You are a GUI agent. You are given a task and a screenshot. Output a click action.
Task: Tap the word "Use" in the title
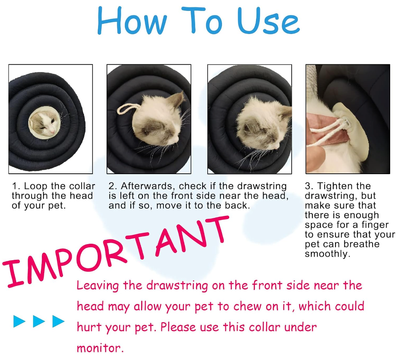tap(268, 21)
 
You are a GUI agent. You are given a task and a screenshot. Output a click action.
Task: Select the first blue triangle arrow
tap(20, 321)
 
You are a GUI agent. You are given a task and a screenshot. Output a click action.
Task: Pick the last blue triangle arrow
tap(58, 321)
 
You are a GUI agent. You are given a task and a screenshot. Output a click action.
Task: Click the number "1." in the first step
tap(16, 186)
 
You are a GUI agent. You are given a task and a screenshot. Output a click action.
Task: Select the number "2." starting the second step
tap(113, 186)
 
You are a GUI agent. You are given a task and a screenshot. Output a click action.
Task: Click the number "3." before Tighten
tap(309, 186)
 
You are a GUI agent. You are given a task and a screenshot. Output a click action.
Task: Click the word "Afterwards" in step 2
tap(148, 187)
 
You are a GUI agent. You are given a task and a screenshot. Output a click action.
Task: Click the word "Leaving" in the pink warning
tap(98, 286)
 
